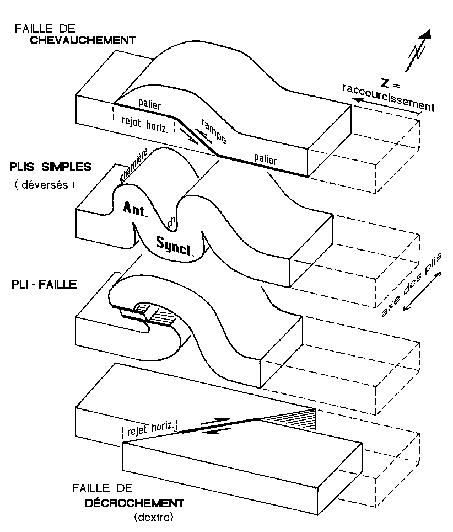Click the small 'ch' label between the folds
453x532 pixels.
pyautogui.click(x=172, y=221)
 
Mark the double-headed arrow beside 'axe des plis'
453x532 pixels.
pyautogui.click(x=423, y=294)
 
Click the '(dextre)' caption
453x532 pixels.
pyautogui.click(x=153, y=517)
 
